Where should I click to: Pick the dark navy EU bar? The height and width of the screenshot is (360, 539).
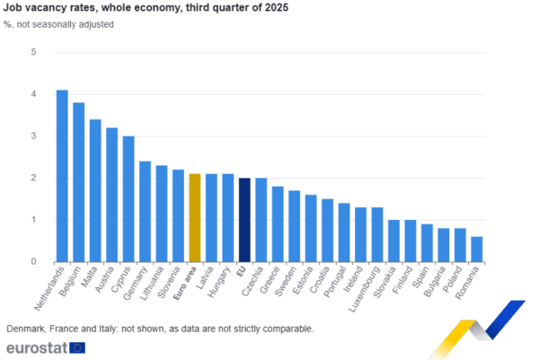(x=244, y=220)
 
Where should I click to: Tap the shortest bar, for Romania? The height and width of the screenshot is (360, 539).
(x=476, y=249)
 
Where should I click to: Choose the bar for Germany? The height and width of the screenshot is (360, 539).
(x=145, y=212)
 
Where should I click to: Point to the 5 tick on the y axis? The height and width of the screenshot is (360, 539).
(x=32, y=52)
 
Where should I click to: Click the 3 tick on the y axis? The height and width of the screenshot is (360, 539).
(x=32, y=136)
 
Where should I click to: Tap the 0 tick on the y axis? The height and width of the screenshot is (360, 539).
(x=32, y=262)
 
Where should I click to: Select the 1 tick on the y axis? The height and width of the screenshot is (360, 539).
(x=32, y=220)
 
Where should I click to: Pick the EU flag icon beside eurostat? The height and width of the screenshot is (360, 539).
(x=77, y=347)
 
